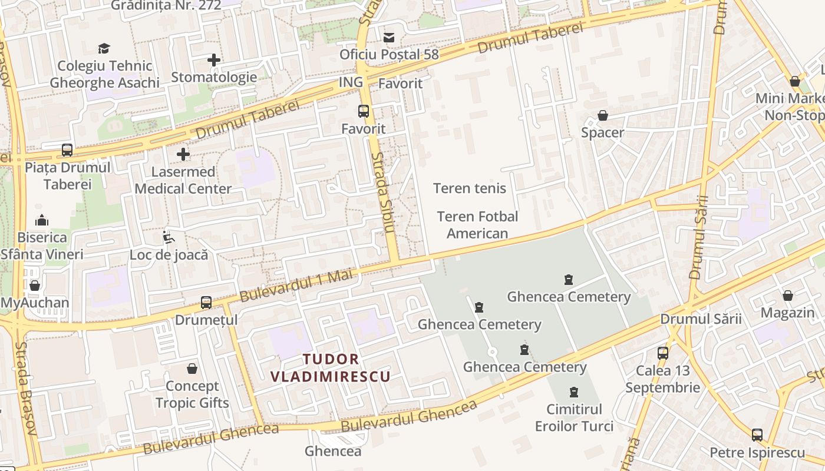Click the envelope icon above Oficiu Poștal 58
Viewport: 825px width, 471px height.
(x=389, y=38)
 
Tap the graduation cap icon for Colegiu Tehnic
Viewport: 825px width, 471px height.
(x=104, y=48)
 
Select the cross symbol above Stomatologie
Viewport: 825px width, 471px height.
(x=214, y=59)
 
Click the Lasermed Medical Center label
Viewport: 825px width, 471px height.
(x=183, y=180)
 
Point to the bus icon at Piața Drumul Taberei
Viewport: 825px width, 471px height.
(x=67, y=150)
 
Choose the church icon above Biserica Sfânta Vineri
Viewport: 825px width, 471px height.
(x=42, y=220)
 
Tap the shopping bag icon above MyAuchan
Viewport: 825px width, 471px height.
(x=35, y=286)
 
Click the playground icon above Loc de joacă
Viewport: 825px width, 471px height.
(x=169, y=238)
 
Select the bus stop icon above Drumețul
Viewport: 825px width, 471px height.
(x=206, y=303)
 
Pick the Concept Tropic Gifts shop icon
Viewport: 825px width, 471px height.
(x=192, y=369)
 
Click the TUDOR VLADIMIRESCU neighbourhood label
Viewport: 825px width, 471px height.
(x=331, y=368)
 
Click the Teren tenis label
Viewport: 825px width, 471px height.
(x=470, y=188)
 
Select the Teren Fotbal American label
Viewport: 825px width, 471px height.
(x=477, y=225)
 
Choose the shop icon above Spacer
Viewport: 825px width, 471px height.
(x=603, y=115)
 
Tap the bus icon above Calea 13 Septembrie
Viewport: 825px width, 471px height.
(x=663, y=353)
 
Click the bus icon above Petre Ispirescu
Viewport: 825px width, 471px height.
(x=757, y=436)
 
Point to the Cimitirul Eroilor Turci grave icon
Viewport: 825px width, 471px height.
(x=574, y=392)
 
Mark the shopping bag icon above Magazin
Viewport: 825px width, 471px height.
(x=788, y=296)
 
